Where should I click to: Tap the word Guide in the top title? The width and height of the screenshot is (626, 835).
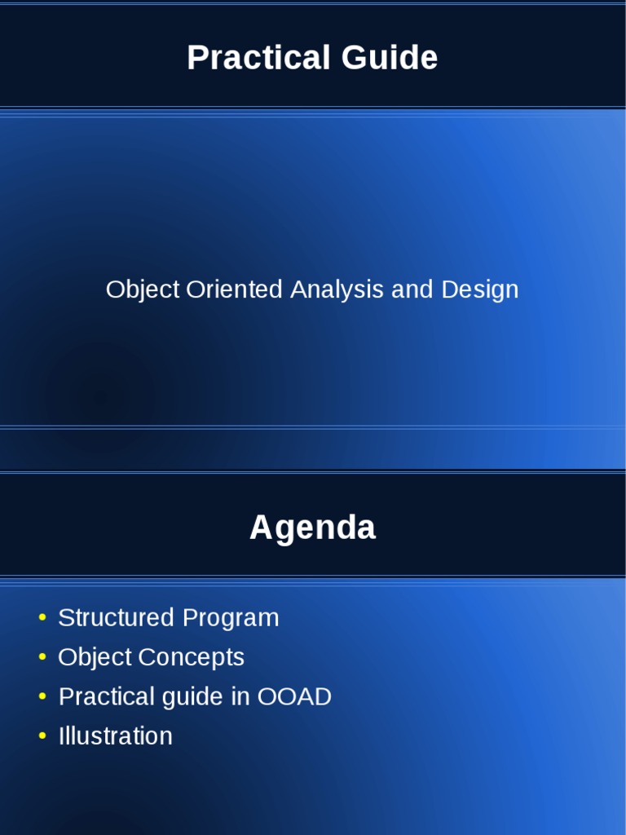coord(389,57)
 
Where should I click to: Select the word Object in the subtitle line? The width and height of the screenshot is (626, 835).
coord(143,290)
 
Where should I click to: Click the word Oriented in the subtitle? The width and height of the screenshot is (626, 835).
coord(234,289)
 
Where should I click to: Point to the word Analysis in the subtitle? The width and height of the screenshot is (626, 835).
coord(337,290)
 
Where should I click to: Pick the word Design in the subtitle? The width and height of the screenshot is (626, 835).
coord(479,290)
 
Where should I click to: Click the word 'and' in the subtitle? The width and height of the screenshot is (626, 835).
coord(412,289)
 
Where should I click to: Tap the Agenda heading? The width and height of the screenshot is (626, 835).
coord(313,528)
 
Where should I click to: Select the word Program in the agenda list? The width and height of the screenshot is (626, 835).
coord(231,619)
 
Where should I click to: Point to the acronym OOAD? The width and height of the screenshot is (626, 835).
coord(294,696)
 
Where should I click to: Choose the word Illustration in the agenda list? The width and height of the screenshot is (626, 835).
coord(116,736)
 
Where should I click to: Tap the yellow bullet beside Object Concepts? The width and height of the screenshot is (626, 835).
coord(42,657)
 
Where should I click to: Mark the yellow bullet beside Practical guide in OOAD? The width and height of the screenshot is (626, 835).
coord(42,696)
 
